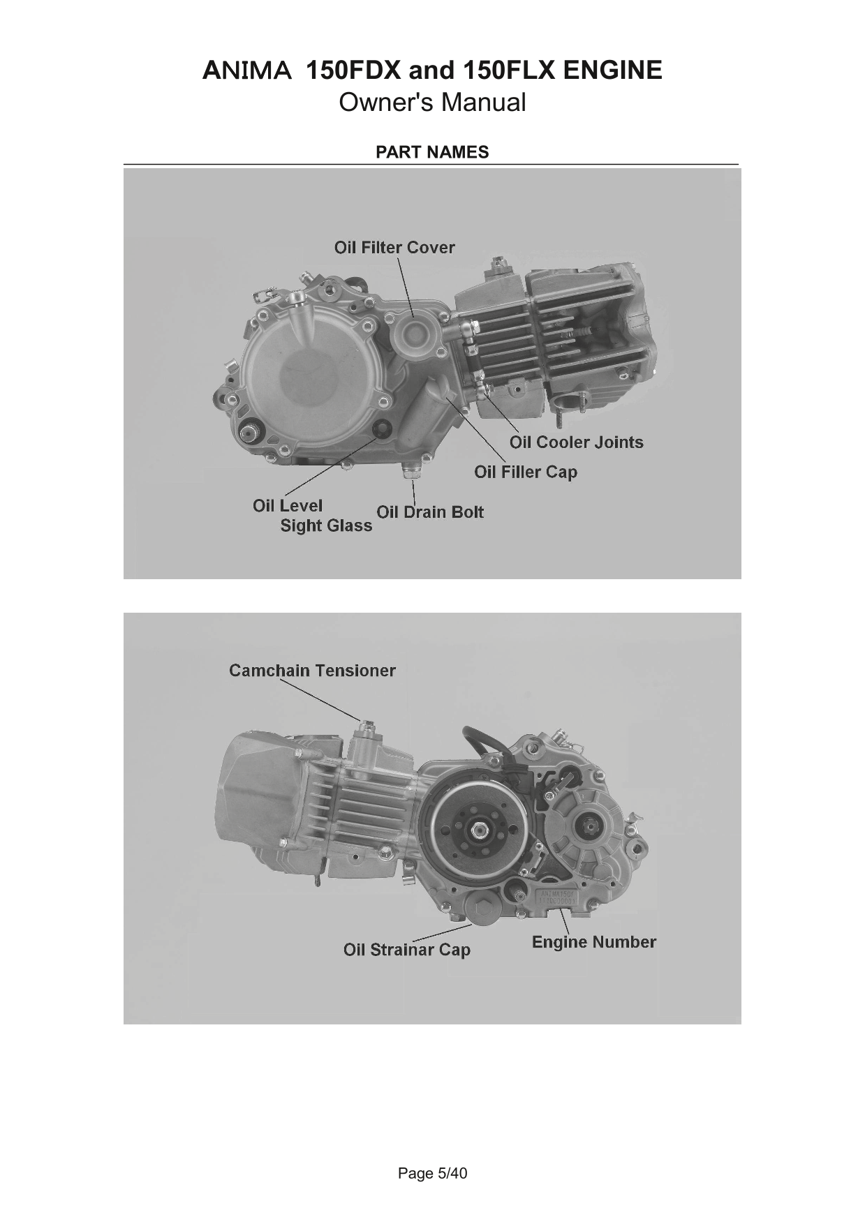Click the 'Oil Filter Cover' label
(x=394, y=248)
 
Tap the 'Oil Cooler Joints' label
(x=576, y=442)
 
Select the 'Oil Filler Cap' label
(x=526, y=472)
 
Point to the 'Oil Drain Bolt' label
(x=430, y=512)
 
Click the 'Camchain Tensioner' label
(x=312, y=671)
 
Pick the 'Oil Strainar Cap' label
(x=407, y=950)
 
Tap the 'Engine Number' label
(x=594, y=943)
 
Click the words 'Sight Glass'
(x=326, y=526)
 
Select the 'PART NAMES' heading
(x=432, y=152)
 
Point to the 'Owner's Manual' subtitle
(x=432, y=103)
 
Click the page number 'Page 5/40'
(x=432, y=1174)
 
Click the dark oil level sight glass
(x=381, y=428)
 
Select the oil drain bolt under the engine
(x=411, y=470)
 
